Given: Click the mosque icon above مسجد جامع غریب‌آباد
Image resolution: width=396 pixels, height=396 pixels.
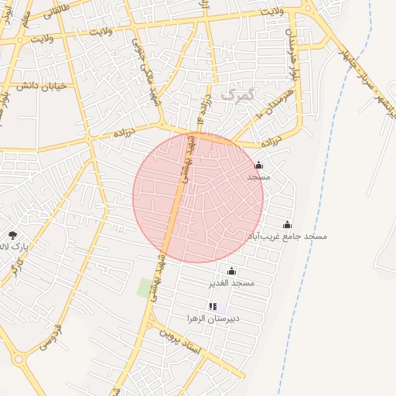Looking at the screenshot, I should tap(287, 224).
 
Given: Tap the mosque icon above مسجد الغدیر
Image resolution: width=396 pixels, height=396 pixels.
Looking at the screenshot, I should tap(231, 271).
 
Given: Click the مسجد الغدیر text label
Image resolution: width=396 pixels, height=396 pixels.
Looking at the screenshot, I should tap(231, 283).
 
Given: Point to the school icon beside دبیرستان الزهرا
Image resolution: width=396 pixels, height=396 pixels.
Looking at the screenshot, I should tap(213, 307).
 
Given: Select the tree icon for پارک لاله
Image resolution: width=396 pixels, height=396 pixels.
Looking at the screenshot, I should tap(12, 234).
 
